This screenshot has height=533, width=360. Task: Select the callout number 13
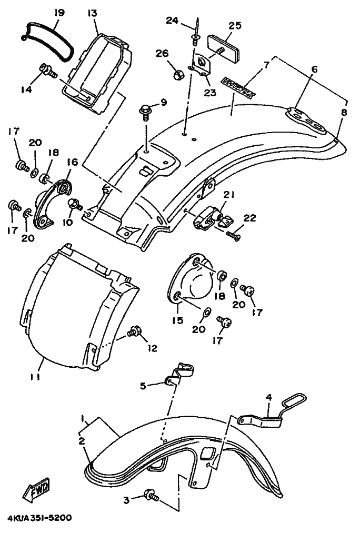(x=93, y=12)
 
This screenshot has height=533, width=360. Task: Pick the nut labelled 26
(x=178, y=74)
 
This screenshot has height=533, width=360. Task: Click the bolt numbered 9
(x=145, y=110)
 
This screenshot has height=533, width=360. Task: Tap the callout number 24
(x=173, y=21)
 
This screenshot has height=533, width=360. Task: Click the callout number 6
(x=315, y=69)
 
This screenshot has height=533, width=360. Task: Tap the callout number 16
(x=72, y=162)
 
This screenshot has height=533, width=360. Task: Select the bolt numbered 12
(x=134, y=333)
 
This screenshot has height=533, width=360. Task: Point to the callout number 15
(x=179, y=320)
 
